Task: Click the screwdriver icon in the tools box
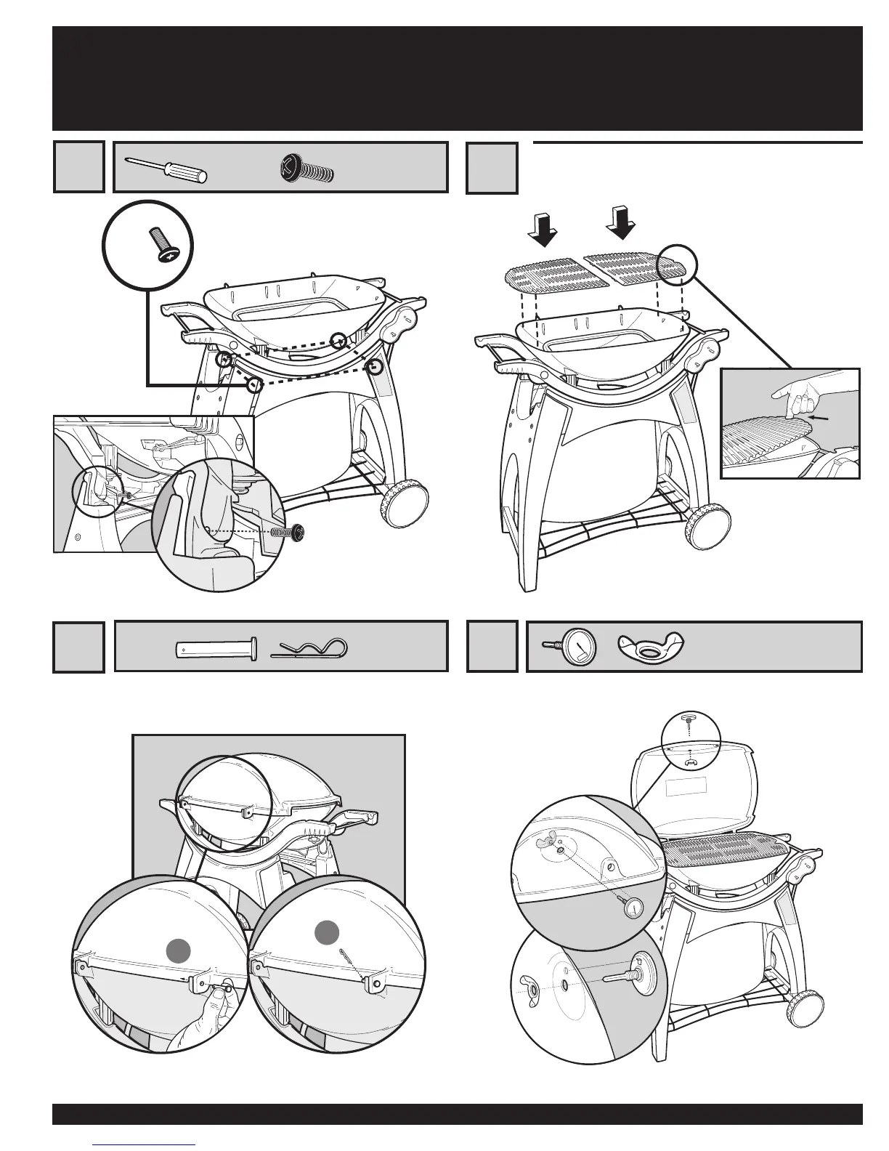coord(166,169)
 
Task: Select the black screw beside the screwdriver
coord(306,169)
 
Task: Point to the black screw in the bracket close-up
coord(298,533)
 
